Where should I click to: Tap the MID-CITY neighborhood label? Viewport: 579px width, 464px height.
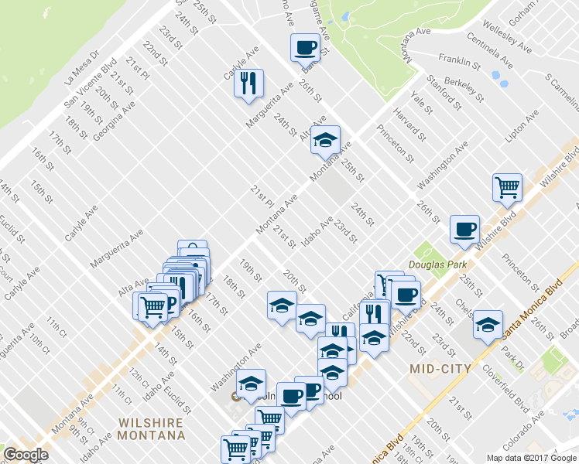tap(440, 369)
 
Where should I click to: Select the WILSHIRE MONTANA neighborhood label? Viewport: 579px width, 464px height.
tap(151, 428)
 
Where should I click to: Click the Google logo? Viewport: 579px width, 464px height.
tap(26, 455)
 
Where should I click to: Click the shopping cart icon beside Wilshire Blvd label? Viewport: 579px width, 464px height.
tap(507, 186)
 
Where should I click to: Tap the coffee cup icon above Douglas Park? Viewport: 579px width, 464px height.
tap(464, 228)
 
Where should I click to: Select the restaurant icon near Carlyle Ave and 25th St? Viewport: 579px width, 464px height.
tap(248, 83)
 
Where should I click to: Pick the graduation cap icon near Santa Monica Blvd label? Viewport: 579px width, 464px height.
tap(488, 324)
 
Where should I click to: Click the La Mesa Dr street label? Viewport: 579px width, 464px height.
tap(83, 67)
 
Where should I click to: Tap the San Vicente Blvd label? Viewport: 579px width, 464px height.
tap(90, 81)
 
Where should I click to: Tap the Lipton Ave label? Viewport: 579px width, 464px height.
tap(521, 128)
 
